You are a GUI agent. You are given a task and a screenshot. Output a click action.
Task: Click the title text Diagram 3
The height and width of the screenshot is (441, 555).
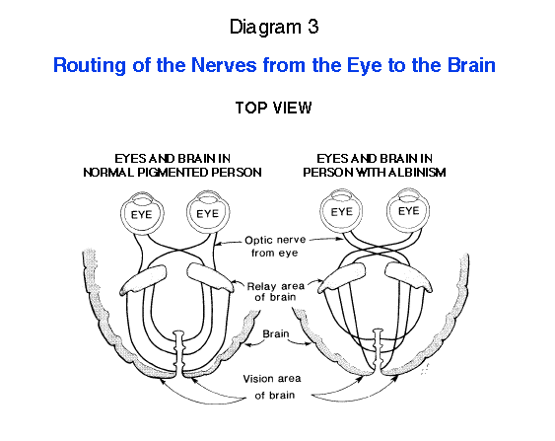pyautogui.click(x=274, y=28)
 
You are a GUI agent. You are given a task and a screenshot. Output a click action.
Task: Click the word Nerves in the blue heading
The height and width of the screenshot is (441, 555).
pyautogui.click(x=224, y=65)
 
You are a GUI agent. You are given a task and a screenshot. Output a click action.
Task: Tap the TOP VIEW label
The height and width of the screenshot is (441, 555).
pyautogui.click(x=273, y=108)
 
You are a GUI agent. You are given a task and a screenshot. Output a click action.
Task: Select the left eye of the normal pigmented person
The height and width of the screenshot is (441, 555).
pyautogui.click(x=142, y=213)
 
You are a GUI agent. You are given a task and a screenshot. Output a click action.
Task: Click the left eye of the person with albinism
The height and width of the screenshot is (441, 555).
pyautogui.click(x=342, y=211)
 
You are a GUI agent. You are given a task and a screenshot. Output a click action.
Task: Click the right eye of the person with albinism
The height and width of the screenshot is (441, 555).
pyautogui.click(x=408, y=210)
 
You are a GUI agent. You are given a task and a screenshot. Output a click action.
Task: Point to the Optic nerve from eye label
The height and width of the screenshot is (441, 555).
pyautogui.click(x=275, y=247)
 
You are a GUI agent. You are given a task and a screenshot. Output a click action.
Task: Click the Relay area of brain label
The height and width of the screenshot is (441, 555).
pyautogui.click(x=275, y=291)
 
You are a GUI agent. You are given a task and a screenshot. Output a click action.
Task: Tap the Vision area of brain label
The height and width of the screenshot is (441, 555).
pyautogui.click(x=272, y=387)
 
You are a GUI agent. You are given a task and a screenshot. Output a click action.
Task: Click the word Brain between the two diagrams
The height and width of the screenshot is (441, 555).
pyautogui.click(x=276, y=334)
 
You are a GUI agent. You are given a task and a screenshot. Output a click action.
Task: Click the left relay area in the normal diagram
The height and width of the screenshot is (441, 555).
pyautogui.click(x=144, y=280)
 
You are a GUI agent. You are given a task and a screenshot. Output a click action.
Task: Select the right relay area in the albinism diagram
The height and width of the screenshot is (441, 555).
pyautogui.click(x=408, y=277)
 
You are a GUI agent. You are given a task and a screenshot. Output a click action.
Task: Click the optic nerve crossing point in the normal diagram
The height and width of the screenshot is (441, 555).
pyautogui.click(x=179, y=251)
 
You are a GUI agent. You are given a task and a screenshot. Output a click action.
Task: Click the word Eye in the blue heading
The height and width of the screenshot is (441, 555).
pyautogui.click(x=364, y=66)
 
